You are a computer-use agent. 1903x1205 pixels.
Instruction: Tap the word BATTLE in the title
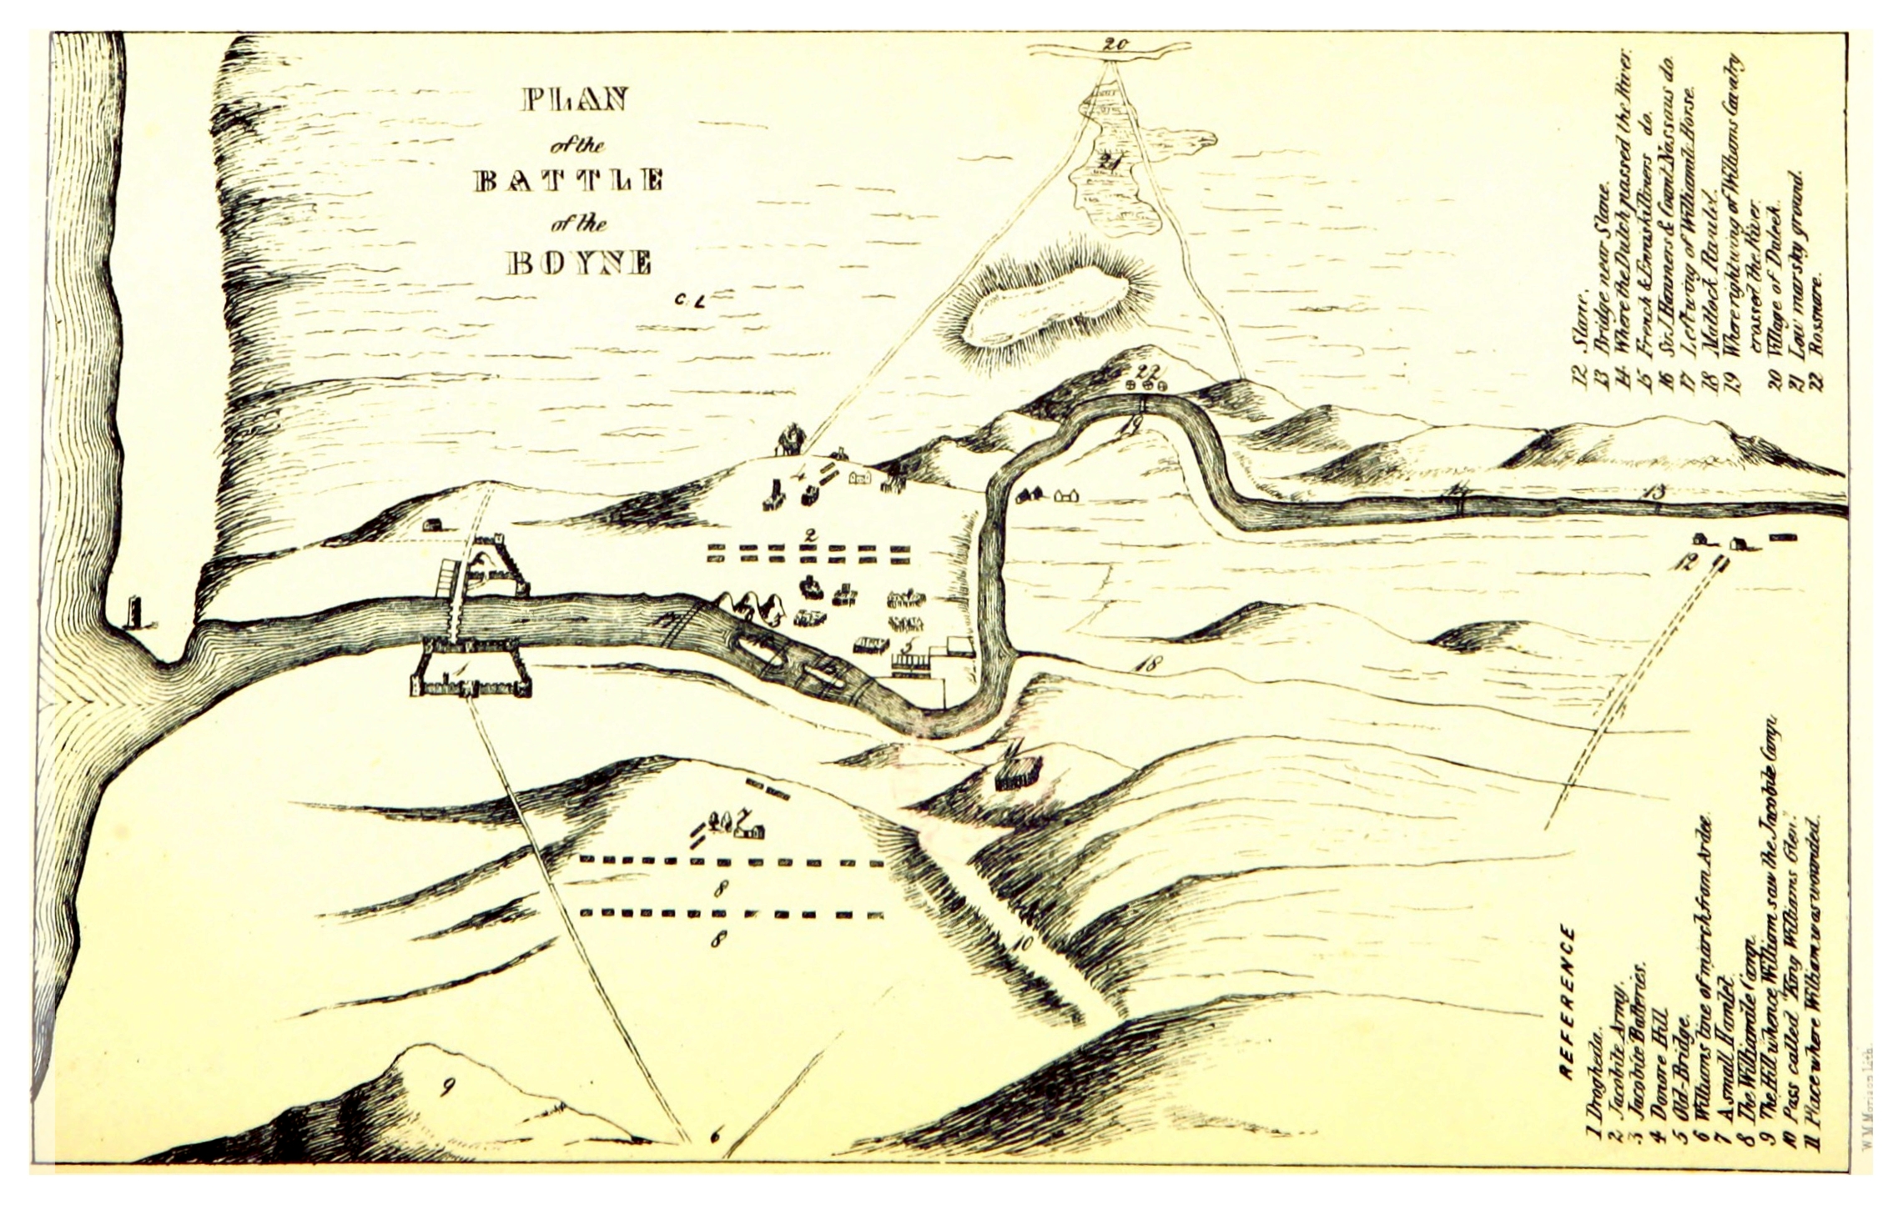pyautogui.click(x=569, y=180)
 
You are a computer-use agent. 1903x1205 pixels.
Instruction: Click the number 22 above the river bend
pyautogui.click(x=1149, y=370)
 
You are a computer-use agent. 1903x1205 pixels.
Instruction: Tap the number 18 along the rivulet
pyautogui.click(x=1148, y=665)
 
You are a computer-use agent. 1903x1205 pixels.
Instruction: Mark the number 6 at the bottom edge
pyautogui.click(x=714, y=1135)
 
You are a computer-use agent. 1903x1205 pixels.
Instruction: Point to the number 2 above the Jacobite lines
pyautogui.click(x=808, y=534)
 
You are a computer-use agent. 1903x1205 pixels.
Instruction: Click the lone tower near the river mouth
pyautogui.click(x=133, y=613)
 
